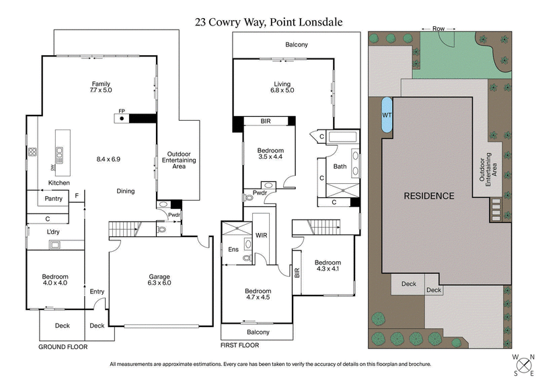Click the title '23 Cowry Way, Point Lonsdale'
pos(269,22)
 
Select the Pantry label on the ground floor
pos(53,199)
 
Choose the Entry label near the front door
pos(97,291)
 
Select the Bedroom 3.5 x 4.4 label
pos(270,154)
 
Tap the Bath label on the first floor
pos(340,167)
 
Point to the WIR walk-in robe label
pos(262,236)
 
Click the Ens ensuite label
pos(234,249)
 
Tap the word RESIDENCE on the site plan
pos(428,196)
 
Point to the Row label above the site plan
pos(438,29)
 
